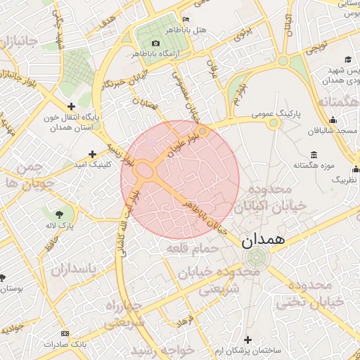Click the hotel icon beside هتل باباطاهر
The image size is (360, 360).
186,19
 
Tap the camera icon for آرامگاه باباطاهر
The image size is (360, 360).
156,44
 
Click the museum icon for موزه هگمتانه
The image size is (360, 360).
313,155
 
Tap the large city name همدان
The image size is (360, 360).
263,240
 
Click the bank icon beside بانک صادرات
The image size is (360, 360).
65,333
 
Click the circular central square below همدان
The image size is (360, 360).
257,257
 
